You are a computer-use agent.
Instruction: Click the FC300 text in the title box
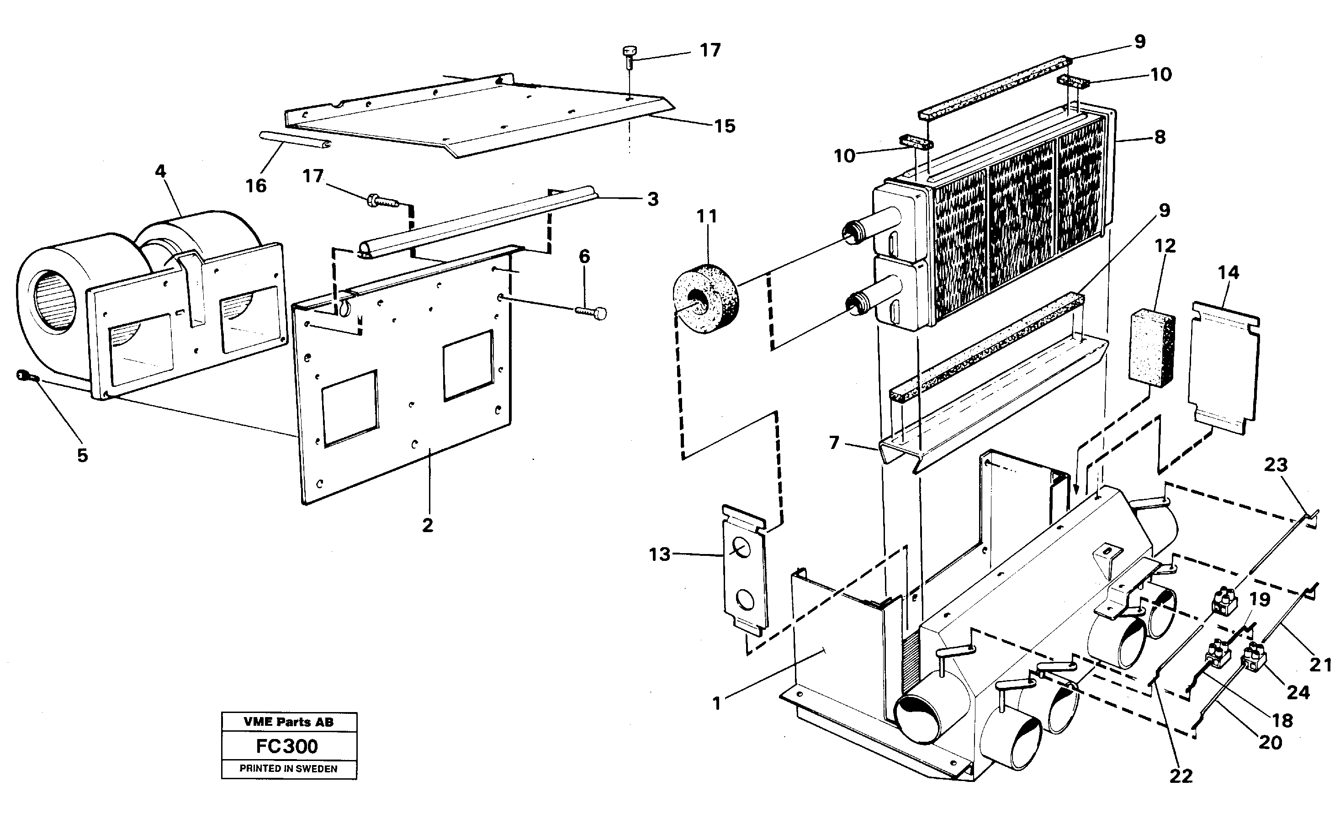[287, 746]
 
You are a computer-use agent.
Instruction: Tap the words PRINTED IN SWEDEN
[288, 769]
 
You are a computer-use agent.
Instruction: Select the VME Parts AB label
[288, 722]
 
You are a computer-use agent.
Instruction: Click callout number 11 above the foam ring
[707, 216]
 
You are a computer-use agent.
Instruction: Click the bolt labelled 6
[592, 312]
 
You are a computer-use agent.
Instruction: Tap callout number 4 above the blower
[160, 171]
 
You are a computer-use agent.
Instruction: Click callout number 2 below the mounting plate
[428, 525]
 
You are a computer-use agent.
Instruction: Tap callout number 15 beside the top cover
[725, 126]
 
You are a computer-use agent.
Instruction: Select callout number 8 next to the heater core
[1160, 137]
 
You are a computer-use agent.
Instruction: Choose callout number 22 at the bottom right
[1181, 776]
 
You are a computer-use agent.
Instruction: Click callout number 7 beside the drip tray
[834, 443]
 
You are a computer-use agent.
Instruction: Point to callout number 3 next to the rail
[653, 199]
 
